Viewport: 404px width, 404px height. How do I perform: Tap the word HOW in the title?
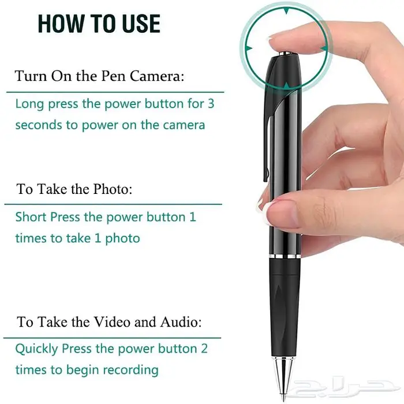tap(60, 24)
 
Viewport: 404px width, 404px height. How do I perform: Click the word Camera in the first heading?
tap(157, 76)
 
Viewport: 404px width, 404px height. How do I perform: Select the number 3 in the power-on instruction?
tap(211, 103)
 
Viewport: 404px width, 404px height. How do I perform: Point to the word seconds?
tap(39, 125)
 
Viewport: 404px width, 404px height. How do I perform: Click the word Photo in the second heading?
tap(113, 189)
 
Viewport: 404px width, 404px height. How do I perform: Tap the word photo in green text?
tap(122, 238)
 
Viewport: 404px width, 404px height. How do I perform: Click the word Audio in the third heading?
tap(181, 322)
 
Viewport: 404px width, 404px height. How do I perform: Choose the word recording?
tap(130, 371)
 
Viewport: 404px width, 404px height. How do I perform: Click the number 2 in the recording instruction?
tap(204, 349)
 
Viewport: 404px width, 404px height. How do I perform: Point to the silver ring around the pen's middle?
tap(285, 257)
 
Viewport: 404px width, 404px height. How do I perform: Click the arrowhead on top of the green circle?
tap(286, 11)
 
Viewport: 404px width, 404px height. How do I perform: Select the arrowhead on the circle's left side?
tap(249, 48)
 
